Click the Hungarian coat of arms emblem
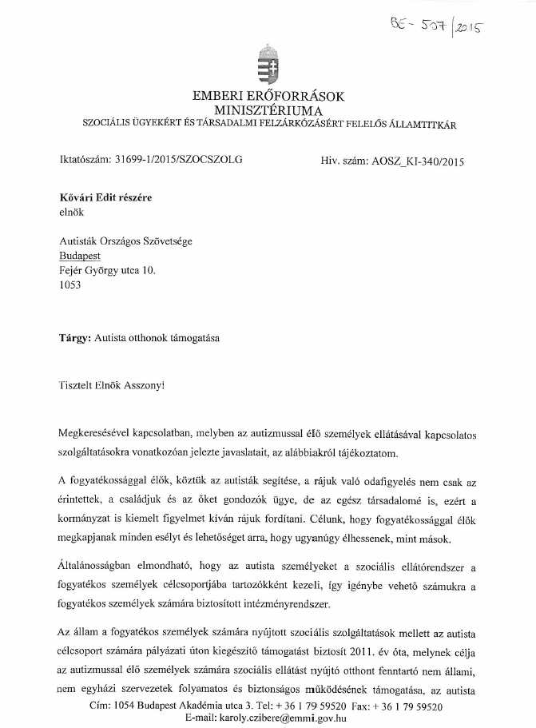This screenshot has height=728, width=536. pos(268,65)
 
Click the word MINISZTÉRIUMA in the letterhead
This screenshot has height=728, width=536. pos(268,109)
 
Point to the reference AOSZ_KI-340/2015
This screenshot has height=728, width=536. pos(418,160)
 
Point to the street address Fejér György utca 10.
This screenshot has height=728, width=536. pos(108,270)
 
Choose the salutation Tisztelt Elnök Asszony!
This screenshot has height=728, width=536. pos(111,384)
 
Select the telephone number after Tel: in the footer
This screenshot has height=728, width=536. pos(308,706)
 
